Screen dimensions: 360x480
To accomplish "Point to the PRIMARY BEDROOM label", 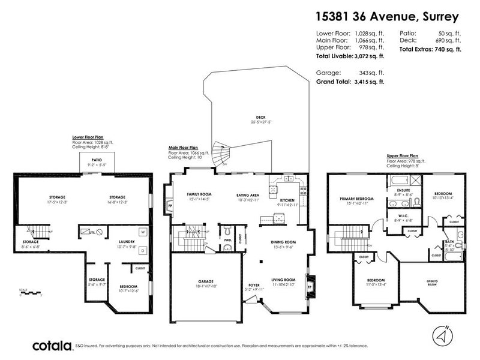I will tap(357, 198).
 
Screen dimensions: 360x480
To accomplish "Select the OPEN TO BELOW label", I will tap(431, 283).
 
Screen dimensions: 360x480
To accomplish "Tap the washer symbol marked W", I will tap(143, 231).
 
